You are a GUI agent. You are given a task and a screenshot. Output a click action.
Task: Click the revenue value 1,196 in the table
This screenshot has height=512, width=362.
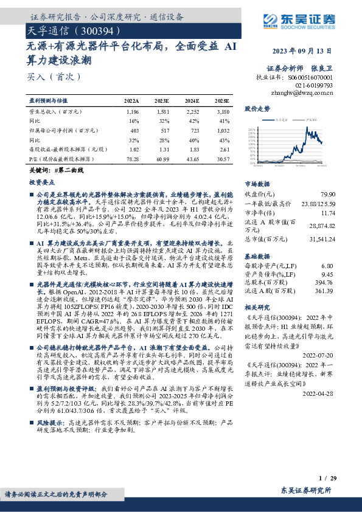pos(132,112)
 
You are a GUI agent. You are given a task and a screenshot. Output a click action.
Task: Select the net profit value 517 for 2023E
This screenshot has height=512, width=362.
pos(163,131)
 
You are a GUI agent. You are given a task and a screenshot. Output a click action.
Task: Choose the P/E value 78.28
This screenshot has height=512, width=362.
pos(131,159)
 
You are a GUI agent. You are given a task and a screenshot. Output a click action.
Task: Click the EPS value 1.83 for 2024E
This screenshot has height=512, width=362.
pos(193,150)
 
